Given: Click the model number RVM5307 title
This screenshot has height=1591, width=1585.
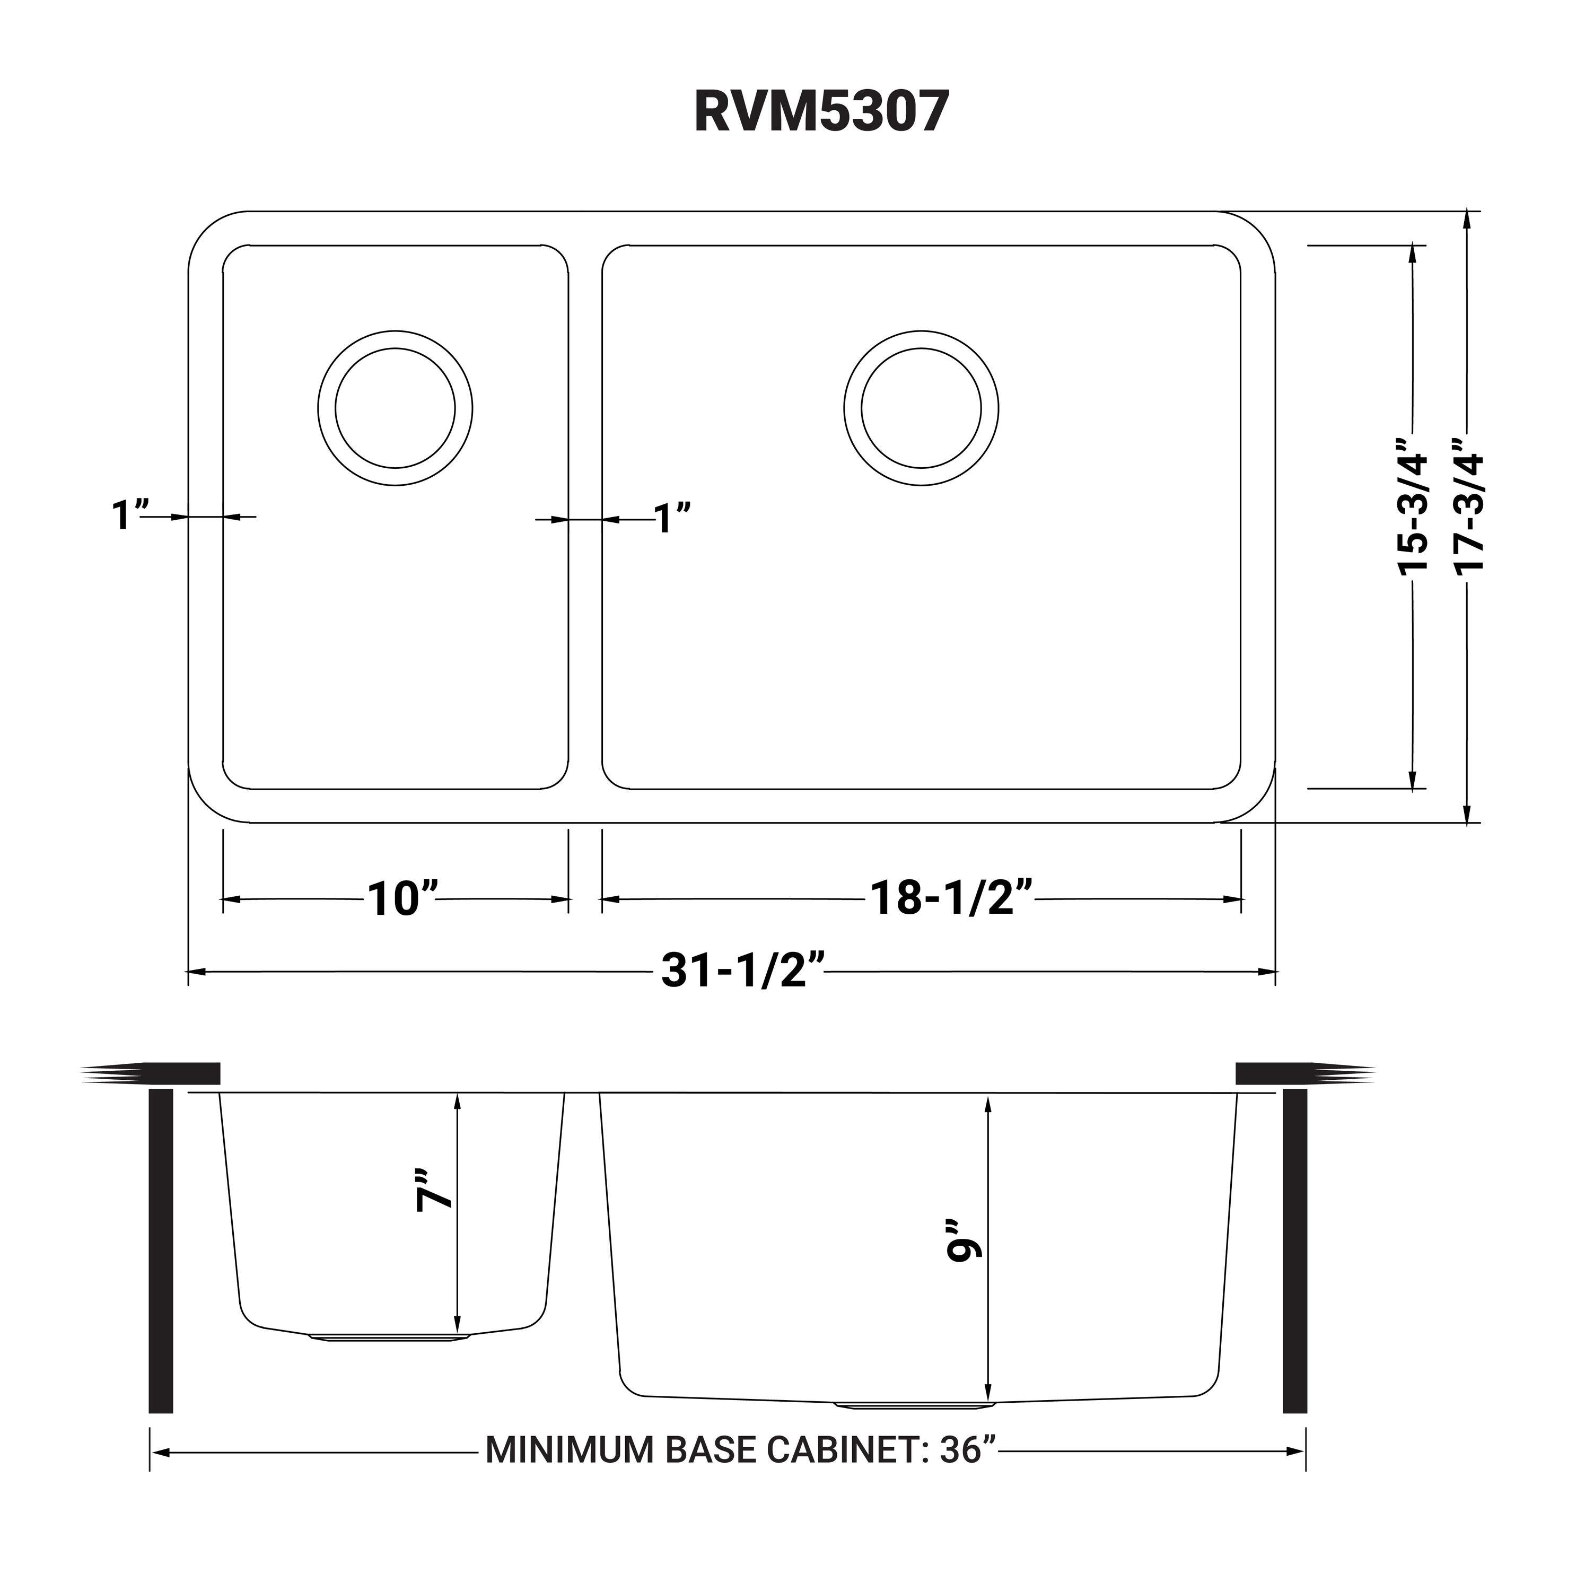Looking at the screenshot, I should click(821, 111).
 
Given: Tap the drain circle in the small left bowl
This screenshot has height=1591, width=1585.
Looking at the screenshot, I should click(395, 408).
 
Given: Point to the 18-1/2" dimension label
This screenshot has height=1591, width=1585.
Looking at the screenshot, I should click(951, 898).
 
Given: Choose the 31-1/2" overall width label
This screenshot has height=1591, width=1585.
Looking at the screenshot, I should click(743, 971).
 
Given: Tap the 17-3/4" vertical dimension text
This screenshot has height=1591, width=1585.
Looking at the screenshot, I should click(1468, 514).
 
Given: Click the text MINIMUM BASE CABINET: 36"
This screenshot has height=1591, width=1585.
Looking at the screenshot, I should click(741, 1449).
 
